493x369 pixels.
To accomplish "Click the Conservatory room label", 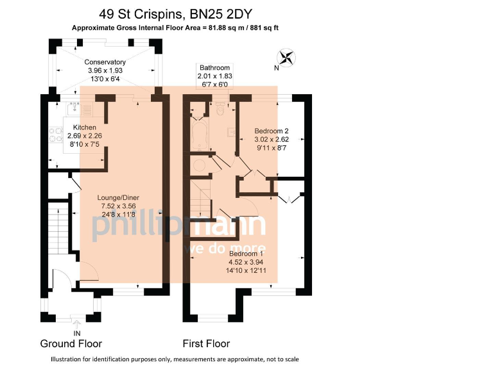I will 105,62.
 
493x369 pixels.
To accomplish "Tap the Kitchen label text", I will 84,127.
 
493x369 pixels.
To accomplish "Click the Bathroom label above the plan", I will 214,67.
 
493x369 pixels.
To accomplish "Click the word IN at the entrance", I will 77,333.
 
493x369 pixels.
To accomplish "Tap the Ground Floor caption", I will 71,344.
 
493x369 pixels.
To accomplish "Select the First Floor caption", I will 206,344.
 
